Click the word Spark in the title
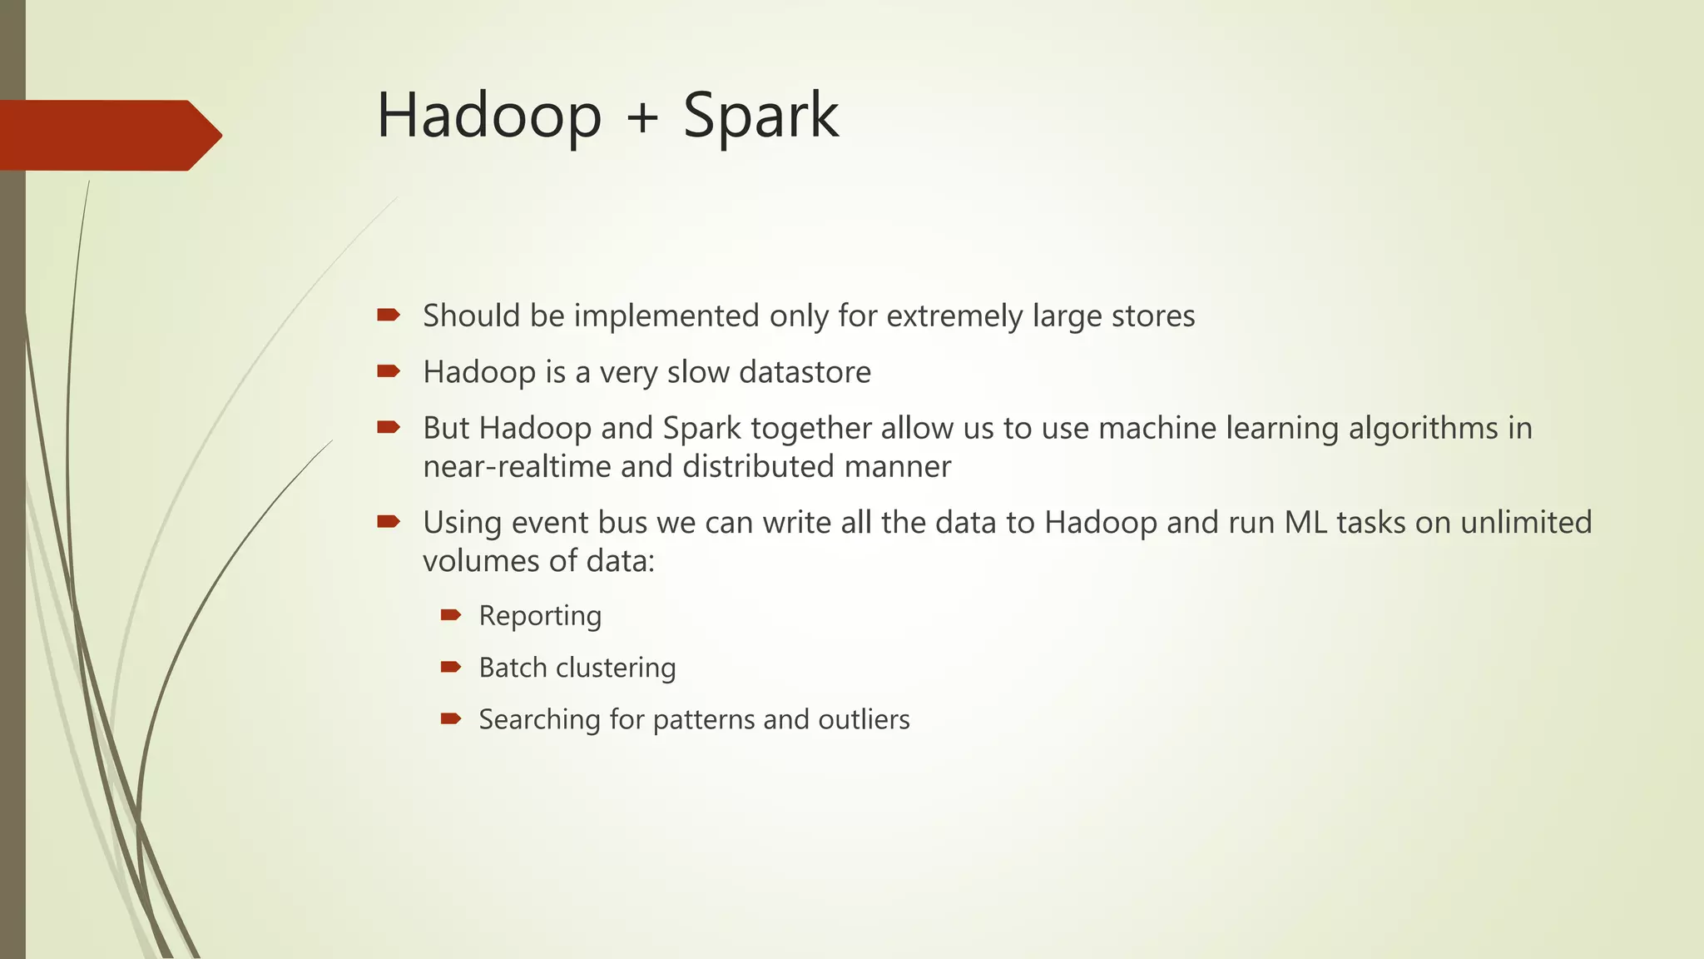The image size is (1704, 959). (760, 117)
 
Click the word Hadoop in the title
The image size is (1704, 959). (489, 117)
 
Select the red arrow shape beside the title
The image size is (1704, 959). (108, 135)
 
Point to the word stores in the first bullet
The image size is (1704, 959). (1153, 316)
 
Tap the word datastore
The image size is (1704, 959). (805, 372)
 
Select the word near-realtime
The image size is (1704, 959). (517, 466)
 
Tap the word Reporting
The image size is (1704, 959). (540, 616)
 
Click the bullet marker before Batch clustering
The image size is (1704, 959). (451, 667)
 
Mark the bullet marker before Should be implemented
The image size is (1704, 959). (389, 315)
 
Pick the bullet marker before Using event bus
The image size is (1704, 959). (389, 522)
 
